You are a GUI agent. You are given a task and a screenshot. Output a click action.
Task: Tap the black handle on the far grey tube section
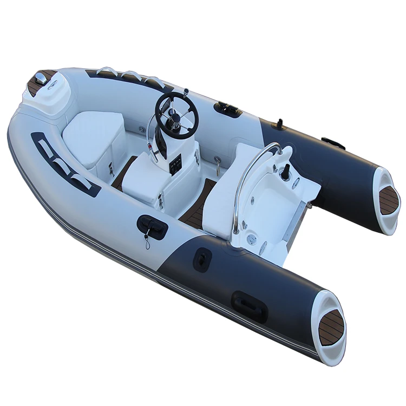pos(227,109)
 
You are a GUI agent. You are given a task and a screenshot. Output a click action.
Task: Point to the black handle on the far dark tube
pos(333,143)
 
